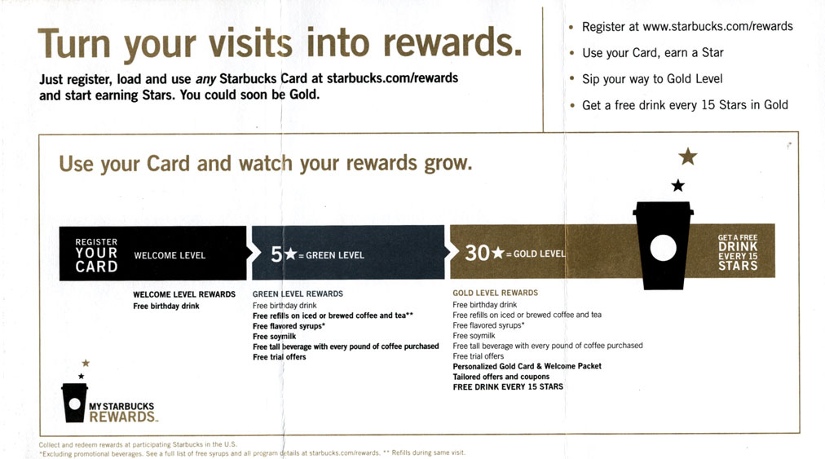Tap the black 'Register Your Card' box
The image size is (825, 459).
tap(96, 254)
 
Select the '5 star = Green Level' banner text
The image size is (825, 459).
tap(317, 254)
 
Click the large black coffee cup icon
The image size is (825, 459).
tap(663, 245)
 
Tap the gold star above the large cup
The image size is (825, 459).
tap(688, 156)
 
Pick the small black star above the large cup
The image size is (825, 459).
tap(677, 186)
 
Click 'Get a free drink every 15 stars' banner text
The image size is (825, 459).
tap(738, 252)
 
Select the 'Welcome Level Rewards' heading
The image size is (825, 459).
tap(184, 294)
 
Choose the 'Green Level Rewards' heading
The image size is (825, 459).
tap(298, 293)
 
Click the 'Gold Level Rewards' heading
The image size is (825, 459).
tap(495, 293)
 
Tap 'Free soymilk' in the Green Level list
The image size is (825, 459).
tap(273, 336)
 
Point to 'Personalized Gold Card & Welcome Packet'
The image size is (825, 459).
tap(527, 366)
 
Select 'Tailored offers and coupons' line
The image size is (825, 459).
tap(501, 377)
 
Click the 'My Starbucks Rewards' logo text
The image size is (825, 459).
tap(122, 412)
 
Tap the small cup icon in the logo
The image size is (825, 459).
tap(74, 403)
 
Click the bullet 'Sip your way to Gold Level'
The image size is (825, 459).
tap(652, 79)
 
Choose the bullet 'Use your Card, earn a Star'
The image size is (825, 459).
tap(652, 53)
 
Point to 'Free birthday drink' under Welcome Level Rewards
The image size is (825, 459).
tap(166, 307)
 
